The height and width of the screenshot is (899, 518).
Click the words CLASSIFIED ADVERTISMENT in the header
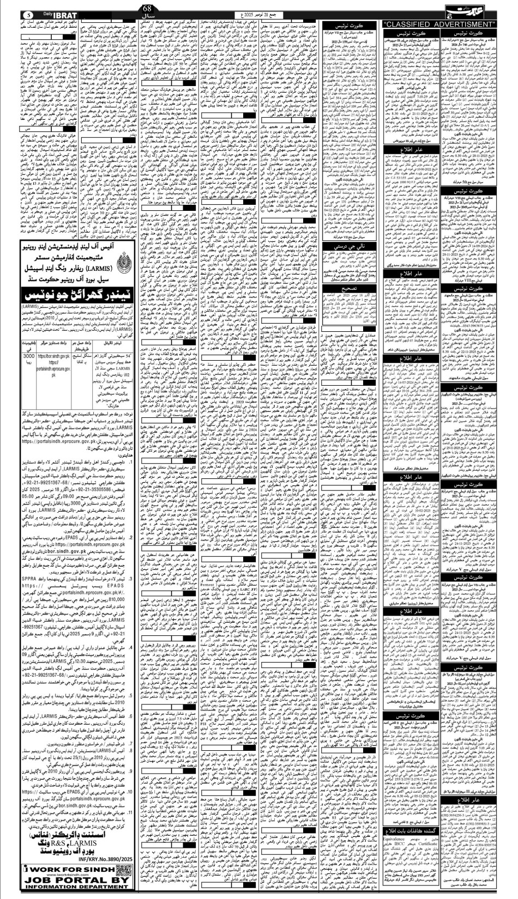click(441, 25)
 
